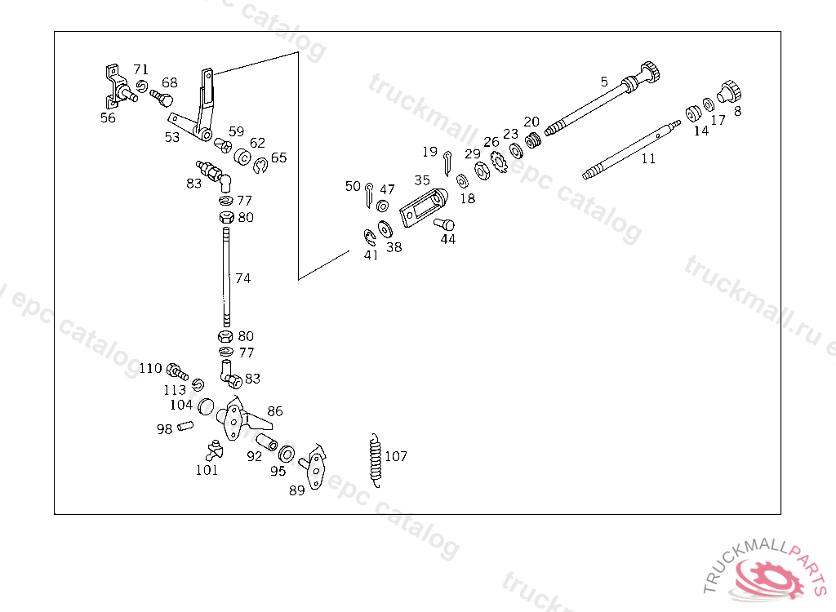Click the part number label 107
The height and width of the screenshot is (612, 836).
pos(396,457)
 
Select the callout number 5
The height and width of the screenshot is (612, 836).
pos(604,82)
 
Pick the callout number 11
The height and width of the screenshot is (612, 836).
pos(648,159)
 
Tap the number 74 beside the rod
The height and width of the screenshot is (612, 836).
pos(242,278)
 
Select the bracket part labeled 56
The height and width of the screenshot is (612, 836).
pos(116,86)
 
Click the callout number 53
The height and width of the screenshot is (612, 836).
pos(171,138)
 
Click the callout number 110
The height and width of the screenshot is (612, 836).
pos(150,368)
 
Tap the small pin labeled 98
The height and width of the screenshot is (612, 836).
pos(185,426)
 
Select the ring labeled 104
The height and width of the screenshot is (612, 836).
pos(207,405)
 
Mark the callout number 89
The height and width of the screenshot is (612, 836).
pos(297,490)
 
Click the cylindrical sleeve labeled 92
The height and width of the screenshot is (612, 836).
pos(266,444)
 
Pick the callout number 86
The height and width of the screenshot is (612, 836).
pos(275,412)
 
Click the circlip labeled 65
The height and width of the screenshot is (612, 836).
pos(261,166)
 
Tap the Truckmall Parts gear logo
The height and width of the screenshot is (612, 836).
pos(765,578)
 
